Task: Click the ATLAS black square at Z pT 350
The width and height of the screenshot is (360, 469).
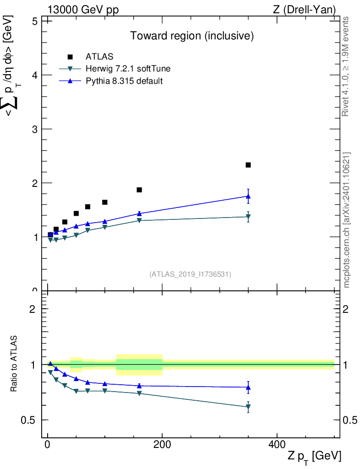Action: point(248,165)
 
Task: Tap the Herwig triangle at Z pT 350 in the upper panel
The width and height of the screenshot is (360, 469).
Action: point(248,217)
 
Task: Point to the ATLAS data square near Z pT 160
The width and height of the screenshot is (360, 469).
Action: point(139,190)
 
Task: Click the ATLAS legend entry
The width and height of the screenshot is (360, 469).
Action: point(99,57)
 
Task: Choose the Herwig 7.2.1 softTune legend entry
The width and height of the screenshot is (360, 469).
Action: point(128,69)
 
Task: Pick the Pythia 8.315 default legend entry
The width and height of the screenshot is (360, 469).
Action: point(124,81)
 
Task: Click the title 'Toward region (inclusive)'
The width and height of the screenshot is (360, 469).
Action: point(192,36)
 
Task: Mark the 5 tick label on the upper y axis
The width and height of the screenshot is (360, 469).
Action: point(33,21)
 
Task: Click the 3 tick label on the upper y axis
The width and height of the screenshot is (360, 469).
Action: point(33,129)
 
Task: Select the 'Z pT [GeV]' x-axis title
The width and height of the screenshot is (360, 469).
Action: point(314,456)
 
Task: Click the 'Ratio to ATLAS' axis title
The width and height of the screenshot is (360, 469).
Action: point(14,363)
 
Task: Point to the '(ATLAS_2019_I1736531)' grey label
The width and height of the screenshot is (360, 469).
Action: point(190,274)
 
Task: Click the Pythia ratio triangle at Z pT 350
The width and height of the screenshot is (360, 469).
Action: point(248,387)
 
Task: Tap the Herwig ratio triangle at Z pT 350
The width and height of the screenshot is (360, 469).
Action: point(248,407)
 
